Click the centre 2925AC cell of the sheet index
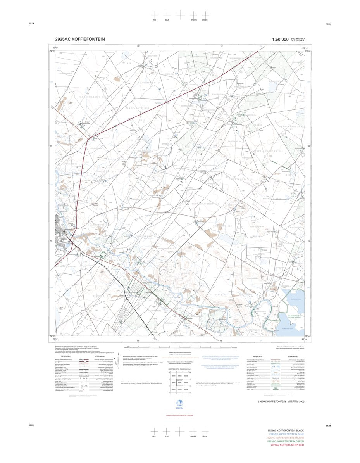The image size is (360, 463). tap(179, 383)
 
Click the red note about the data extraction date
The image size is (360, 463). tap(179, 416)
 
